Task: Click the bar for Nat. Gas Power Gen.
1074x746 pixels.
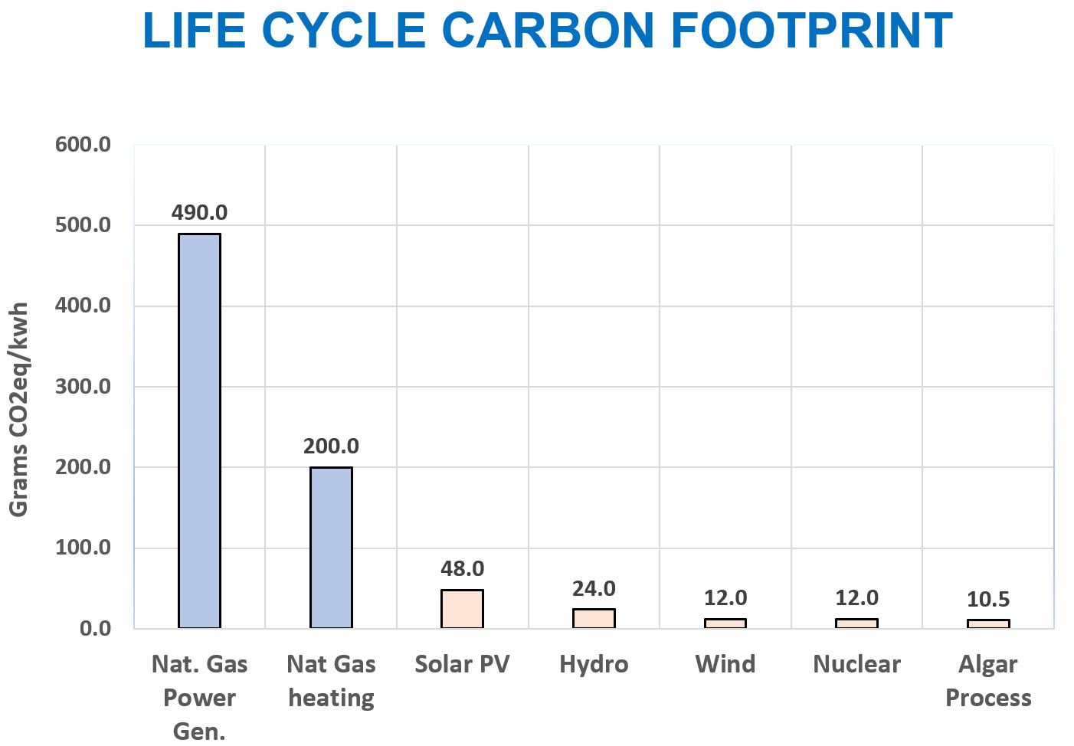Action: click(199, 430)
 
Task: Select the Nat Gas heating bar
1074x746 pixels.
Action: click(331, 547)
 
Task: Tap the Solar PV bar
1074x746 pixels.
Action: click(462, 609)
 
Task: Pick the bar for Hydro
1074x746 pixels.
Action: click(594, 618)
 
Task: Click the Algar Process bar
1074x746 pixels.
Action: click(988, 623)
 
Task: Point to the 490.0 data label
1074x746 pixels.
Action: click(199, 212)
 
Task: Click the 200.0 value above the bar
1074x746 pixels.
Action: click(331, 446)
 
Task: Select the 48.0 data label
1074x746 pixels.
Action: click(462, 568)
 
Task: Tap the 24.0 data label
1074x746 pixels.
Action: click(594, 588)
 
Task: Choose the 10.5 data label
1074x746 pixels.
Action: click(988, 599)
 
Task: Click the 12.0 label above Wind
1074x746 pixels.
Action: click(725, 597)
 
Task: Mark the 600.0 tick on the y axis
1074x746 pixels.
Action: click(83, 144)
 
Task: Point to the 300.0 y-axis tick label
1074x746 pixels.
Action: click(83, 386)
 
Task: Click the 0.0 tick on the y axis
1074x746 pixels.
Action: click(95, 628)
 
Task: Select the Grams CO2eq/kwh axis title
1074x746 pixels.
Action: click(18, 409)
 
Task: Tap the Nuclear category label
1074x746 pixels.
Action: click(856, 664)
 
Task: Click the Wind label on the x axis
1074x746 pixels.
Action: click(725, 664)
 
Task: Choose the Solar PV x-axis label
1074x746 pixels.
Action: click(462, 664)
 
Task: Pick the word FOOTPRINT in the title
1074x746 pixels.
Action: click(812, 31)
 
